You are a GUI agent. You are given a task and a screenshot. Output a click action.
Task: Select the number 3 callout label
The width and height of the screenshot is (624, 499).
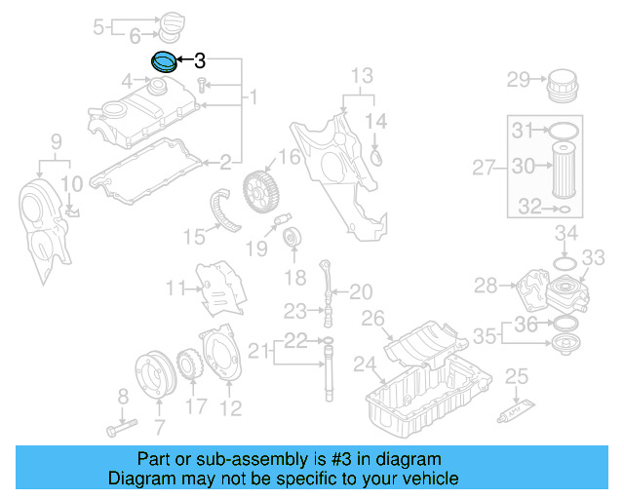pyautogui.click(x=200, y=60)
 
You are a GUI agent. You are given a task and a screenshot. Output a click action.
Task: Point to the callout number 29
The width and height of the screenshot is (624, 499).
pyautogui.click(x=517, y=79)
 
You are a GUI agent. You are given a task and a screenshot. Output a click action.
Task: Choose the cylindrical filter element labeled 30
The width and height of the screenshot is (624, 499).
pyautogui.click(x=565, y=168)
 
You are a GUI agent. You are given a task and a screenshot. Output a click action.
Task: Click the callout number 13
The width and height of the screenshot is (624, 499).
pyautogui.click(x=362, y=75)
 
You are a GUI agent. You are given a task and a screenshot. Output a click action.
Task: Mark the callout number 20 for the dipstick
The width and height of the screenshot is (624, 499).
pyautogui.click(x=361, y=290)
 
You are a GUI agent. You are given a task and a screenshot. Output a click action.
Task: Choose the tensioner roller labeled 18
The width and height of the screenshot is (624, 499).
pyautogui.click(x=291, y=237)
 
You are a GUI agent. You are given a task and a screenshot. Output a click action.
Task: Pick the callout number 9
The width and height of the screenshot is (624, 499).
pyautogui.click(x=56, y=140)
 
